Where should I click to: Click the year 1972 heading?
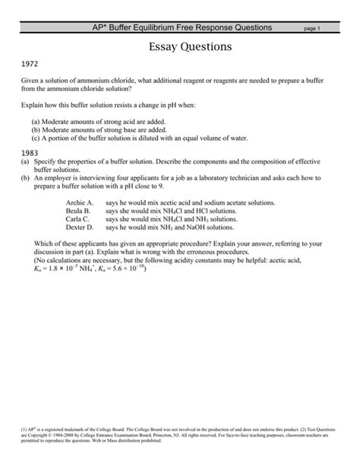point(31,66)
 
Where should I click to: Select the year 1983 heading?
point(31,153)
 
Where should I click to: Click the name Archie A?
point(80,204)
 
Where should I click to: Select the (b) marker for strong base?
point(36,130)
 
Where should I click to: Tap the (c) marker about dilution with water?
point(36,138)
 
